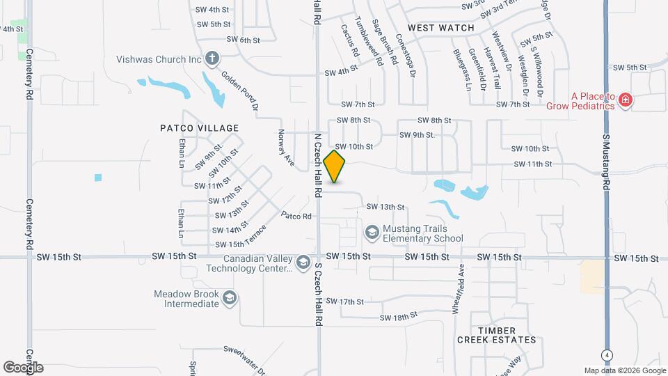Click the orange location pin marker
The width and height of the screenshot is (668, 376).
click(x=335, y=166)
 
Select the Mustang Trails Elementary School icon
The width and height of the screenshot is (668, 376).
click(x=372, y=230)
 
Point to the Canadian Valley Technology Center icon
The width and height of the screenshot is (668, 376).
click(x=303, y=263)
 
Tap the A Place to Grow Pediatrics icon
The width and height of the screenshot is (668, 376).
click(x=626, y=100)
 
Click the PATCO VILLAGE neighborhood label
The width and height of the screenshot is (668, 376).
click(x=199, y=128)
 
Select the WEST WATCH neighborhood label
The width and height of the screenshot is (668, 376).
click(x=441, y=28)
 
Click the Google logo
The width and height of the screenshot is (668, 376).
click(x=23, y=367)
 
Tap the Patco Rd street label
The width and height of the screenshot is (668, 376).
click(x=296, y=216)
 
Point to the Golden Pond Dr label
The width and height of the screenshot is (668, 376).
click(x=240, y=91)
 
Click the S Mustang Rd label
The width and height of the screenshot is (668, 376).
click(x=606, y=164)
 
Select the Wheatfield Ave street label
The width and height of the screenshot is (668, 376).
click(x=459, y=288)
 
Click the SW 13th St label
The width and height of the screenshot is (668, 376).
click(x=385, y=207)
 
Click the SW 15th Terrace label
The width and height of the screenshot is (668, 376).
click(x=241, y=237)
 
